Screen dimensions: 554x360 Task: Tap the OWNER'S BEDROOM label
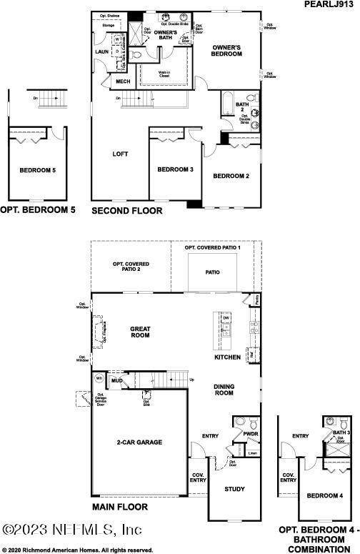point(230,51)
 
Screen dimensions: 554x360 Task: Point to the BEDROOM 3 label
point(176,169)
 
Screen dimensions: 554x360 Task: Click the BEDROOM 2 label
point(231,176)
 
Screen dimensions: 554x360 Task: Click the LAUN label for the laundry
point(102,51)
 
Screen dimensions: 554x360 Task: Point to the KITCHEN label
point(228,357)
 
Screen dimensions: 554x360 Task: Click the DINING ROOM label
point(224,390)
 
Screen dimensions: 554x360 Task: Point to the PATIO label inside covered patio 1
point(212,272)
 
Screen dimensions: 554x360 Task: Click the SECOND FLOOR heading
point(127,211)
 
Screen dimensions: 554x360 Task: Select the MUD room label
point(116,381)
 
